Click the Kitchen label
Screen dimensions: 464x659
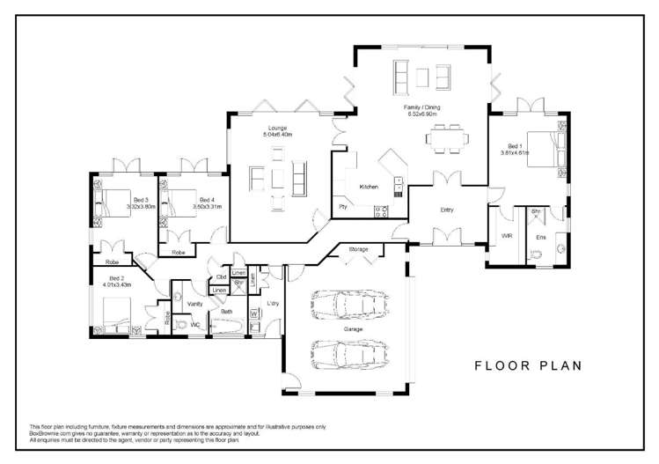368,187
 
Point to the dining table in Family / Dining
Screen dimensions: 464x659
445,138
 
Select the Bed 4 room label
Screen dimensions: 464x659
207,200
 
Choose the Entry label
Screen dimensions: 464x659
447,210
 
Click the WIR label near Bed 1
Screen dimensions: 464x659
507,236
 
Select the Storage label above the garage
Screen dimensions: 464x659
358,250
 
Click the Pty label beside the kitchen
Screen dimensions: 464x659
342,208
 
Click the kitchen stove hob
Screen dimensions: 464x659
382,210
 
